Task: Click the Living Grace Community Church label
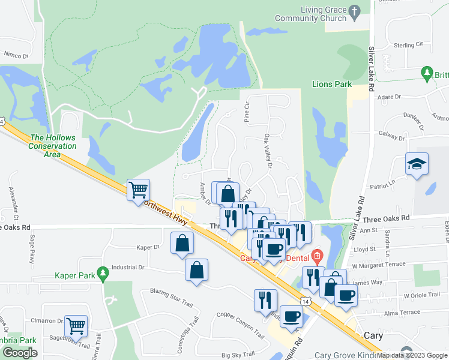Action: [x=310, y=14]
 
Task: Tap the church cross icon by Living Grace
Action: [x=355, y=11]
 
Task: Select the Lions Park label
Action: [x=331, y=85]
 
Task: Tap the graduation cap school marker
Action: [x=416, y=165]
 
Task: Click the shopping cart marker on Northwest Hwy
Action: [x=139, y=190]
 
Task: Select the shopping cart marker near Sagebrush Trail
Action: [x=76, y=326]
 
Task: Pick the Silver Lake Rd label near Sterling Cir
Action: [x=372, y=69]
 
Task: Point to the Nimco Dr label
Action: [x=16, y=55]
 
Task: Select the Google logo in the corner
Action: [x=20, y=353]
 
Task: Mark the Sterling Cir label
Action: [x=409, y=45]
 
